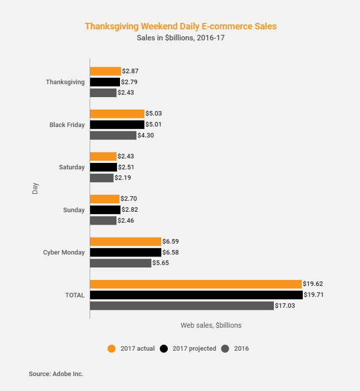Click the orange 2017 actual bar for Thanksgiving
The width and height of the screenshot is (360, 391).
coord(105,71)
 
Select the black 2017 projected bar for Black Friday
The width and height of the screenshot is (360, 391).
coord(117,125)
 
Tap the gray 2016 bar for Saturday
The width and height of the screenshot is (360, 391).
coord(102,178)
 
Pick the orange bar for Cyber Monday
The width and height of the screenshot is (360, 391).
coord(125,242)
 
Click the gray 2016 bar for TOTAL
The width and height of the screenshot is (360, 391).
coord(182,305)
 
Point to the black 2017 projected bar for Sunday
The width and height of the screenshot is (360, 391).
coord(105,210)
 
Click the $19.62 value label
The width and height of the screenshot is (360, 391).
coord(313,284)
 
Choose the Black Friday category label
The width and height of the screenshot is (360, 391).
coord(67,125)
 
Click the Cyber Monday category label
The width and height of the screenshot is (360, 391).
coord(64,253)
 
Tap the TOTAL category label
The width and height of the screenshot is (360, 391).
coord(75,295)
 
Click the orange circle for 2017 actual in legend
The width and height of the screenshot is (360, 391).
coord(112,349)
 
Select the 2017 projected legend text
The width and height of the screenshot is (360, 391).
coord(194,349)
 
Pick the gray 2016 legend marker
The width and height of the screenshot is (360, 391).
coord(225,349)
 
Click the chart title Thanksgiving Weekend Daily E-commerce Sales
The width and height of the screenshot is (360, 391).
coord(180,26)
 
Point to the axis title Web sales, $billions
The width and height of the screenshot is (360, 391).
coord(211,325)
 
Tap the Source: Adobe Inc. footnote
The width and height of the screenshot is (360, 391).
coord(56,374)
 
